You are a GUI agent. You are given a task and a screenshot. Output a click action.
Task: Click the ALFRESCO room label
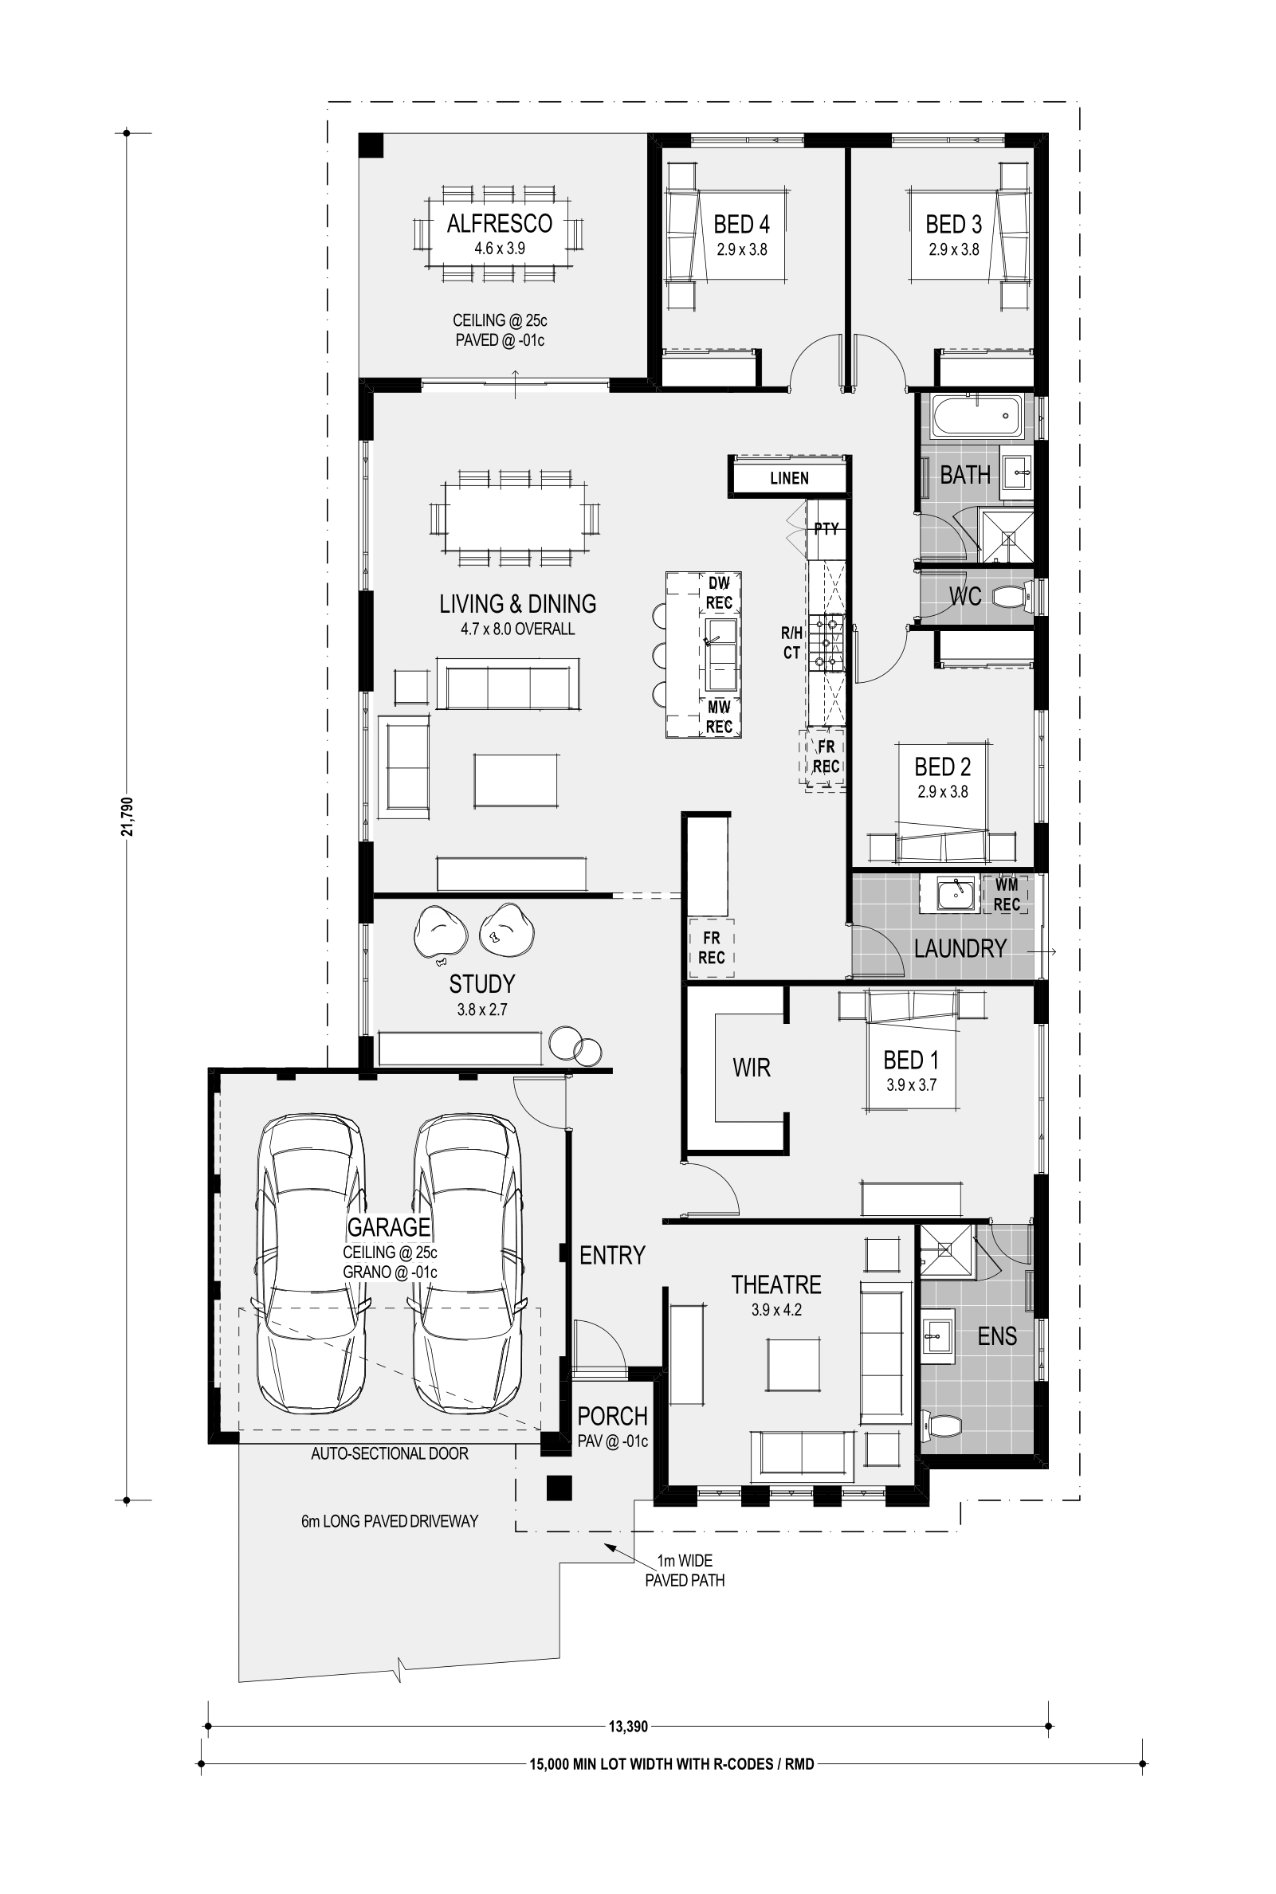(x=499, y=223)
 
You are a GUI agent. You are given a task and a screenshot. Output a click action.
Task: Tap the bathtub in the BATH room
(x=976, y=416)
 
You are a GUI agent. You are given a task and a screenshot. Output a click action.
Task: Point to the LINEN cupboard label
(x=789, y=478)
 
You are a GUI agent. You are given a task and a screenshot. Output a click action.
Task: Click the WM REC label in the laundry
(x=1007, y=894)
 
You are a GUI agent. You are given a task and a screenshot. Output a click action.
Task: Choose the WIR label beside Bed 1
(x=751, y=1068)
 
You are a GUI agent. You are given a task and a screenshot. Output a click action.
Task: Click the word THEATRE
(x=775, y=1284)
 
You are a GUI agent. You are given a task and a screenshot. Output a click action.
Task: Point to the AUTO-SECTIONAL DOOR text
(x=390, y=1453)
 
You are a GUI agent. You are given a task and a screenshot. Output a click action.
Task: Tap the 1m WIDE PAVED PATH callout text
(x=685, y=1570)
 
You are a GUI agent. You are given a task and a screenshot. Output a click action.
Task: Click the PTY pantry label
(x=826, y=529)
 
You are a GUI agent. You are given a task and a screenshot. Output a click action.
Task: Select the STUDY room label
(x=481, y=984)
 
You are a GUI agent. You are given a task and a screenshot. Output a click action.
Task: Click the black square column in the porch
(x=559, y=1488)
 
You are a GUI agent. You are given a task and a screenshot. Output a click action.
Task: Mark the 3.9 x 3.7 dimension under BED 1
(x=912, y=1085)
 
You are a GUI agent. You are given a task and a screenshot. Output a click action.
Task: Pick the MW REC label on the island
(x=720, y=717)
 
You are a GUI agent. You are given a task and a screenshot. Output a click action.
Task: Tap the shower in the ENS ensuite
(x=946, y=1250)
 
